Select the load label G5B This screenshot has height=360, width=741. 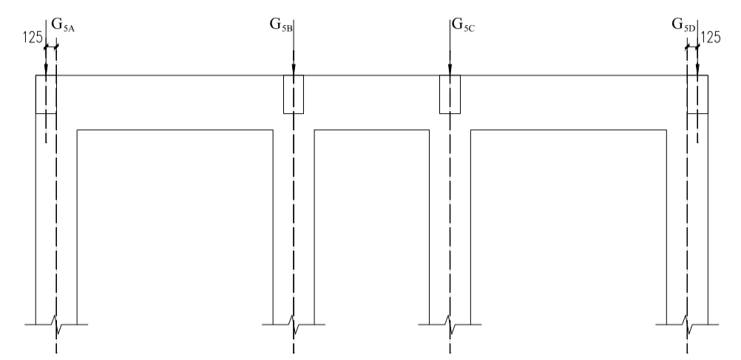click(282, 24)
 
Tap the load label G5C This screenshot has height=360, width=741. click(464, 24)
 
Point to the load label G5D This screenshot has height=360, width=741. click(683, 24)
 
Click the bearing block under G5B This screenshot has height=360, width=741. click(294, 94)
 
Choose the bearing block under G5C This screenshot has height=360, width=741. click(450, 94)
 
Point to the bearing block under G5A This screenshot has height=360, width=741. click(46, 94)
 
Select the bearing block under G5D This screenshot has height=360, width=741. click(697, 94)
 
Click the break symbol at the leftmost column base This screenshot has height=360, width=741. click(56, 324)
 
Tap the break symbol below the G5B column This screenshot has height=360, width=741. click(294, 324)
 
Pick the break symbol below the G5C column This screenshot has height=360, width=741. click(450, 324)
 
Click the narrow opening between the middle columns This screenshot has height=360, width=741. click(372, 222)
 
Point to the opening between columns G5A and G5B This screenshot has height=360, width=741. click(175, 222)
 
